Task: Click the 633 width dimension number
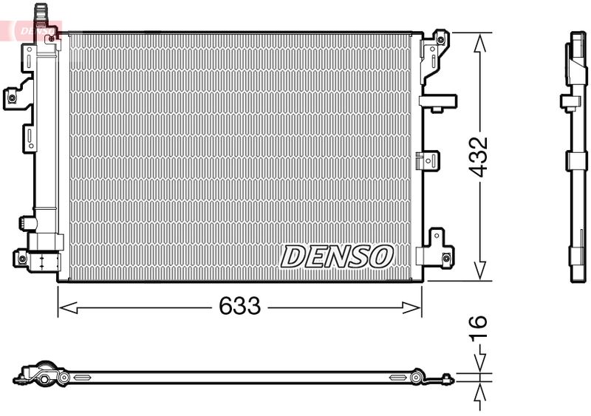[240, 306]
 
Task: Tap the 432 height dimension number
[480, 156]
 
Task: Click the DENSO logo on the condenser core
[337, 256]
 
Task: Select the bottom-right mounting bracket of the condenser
[436, 249]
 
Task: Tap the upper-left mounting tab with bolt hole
[13, 95]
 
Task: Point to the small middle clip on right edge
[428, 160]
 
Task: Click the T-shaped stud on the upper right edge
[437, 101]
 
